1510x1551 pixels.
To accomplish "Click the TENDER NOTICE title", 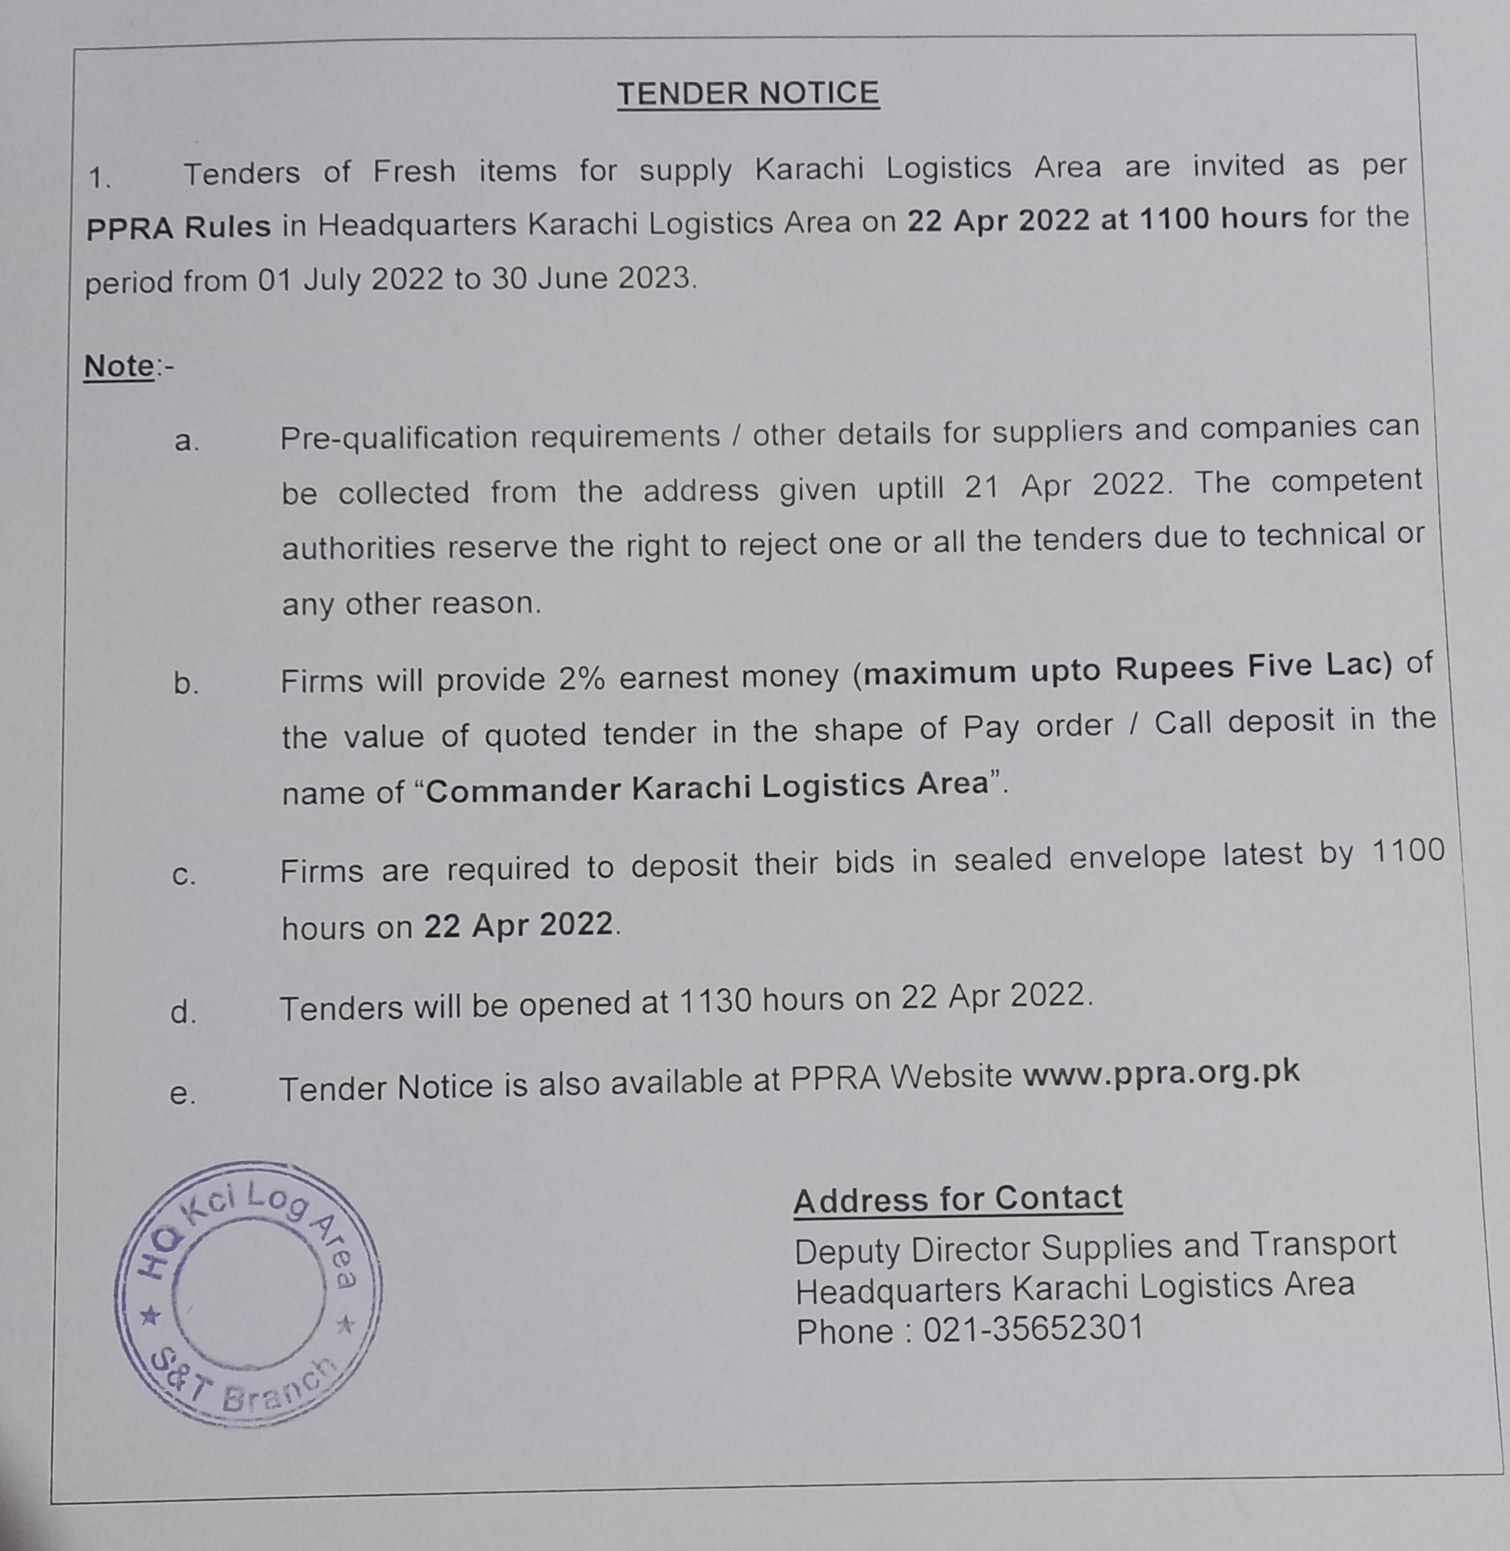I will point(748,94).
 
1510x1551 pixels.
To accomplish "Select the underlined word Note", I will point(119,366).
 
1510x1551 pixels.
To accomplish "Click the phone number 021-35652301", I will point(1033,1328).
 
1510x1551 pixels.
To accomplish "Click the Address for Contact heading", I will point(957,1199).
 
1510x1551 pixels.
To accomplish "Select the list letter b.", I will point(185,684).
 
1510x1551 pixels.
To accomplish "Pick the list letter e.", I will point(182,1094).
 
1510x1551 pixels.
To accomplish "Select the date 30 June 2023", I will point(591,278).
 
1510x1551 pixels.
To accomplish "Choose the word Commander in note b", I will point(523,791).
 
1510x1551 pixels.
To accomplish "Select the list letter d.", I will point(183,1013).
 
